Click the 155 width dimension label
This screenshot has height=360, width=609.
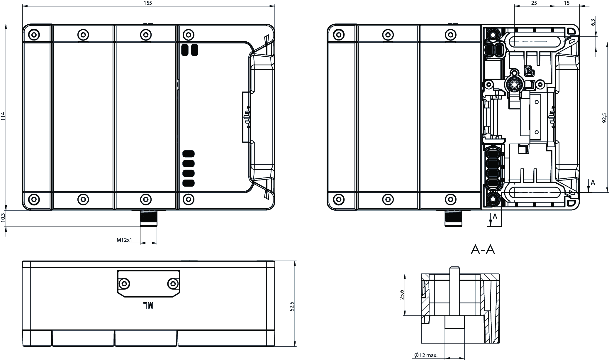(x=149, y=3)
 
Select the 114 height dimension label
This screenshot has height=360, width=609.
(x=3, y=116)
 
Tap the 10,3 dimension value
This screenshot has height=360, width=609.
(x=3, y=218)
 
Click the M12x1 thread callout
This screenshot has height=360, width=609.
(x=124, y=240)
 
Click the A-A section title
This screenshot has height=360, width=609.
(x=483, y=250)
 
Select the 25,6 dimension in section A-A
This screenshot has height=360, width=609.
(x=401, y=295)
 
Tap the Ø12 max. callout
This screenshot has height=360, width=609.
(x=426, y=355)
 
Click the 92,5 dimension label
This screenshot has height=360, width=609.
(x=604, y=117)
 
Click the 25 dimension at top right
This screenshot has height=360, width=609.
(x=534, y=3)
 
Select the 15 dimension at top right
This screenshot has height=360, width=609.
(x=566, y=3)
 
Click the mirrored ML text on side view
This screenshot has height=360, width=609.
(x=148, y=305)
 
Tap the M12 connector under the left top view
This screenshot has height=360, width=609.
(x=148, y=218)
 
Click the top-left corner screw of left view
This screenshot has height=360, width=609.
(x=35, y=35)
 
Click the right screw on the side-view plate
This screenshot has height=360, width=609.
(x=173, y=283)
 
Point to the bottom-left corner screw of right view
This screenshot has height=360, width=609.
(x=339, y=199)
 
